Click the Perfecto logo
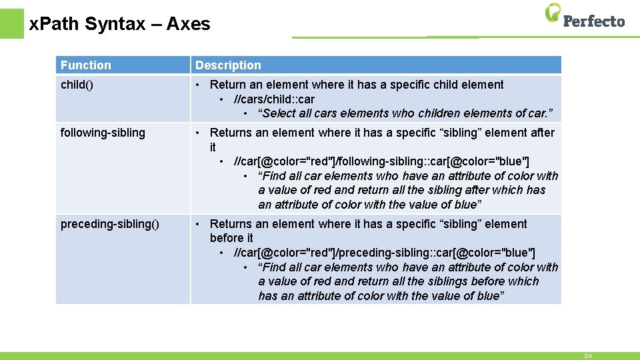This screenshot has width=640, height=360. click(585, 16)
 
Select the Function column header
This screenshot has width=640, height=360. click(86, 65)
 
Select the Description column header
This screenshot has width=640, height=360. click(228, 65)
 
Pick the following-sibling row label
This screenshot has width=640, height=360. click(103, 133)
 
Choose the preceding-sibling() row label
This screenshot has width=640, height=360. click(110, 224)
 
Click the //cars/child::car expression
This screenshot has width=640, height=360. click(274, 99)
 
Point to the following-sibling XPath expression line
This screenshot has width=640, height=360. click(381, 161)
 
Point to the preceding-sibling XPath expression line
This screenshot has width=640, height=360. click(384, 253)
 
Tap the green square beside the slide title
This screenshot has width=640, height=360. click(11, 23)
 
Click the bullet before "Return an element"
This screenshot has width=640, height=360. click(198, 85)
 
